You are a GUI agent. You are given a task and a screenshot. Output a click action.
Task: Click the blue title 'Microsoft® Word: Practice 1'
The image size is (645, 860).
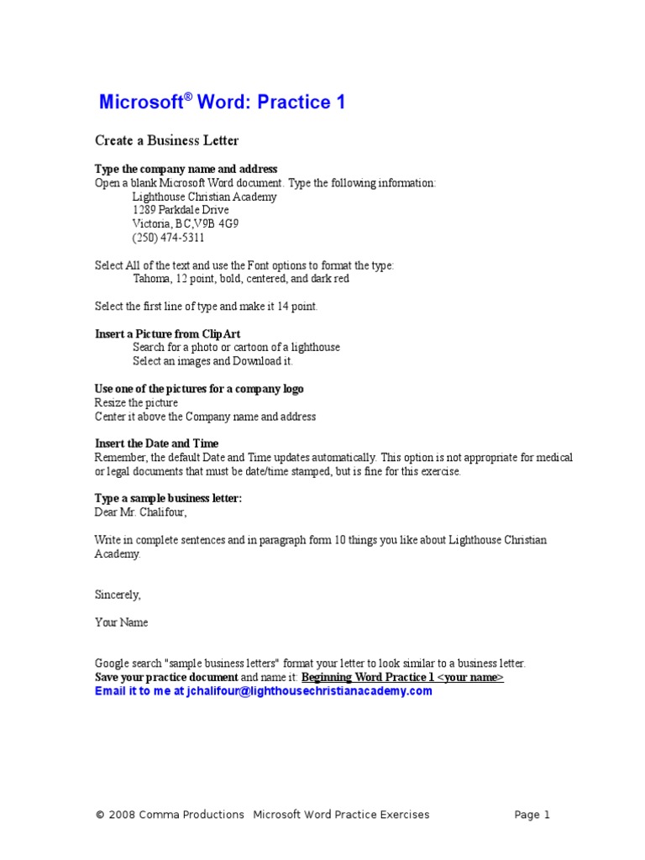click(222, 102)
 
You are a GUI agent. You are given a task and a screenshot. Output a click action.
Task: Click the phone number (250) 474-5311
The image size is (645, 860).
click(168, 238)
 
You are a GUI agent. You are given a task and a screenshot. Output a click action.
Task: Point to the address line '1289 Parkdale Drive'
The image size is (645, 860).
click(181, 210)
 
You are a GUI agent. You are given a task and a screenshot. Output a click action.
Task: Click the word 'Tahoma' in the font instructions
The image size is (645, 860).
click(151, 279)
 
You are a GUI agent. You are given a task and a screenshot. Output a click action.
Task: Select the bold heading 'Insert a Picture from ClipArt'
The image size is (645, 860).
click(168, 333)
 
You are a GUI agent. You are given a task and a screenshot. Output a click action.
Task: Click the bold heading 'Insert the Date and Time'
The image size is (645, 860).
click(156, 443)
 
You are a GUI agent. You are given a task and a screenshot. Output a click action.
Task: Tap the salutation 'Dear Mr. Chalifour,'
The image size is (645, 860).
click(140, 511)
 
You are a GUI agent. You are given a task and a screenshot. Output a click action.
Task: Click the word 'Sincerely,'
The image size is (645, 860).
click(118, 595)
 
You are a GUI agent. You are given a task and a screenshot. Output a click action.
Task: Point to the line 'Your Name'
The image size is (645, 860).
click(121, 622)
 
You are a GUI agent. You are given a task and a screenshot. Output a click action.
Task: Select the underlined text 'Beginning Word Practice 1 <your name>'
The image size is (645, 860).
click(402, 677)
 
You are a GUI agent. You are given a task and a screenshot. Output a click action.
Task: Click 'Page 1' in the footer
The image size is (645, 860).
click(532, 814)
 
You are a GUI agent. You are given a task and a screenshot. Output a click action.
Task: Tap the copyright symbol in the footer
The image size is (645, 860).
click(100, 815)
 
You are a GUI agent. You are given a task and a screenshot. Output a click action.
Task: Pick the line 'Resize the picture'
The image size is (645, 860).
click(136, 402)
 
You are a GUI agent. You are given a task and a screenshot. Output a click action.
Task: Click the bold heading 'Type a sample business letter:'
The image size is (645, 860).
click(168, 498)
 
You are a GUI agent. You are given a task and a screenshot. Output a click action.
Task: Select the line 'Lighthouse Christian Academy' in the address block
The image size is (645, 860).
click(204, 197)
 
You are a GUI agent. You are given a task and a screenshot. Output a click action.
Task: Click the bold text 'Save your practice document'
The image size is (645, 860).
click(166, 677)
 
